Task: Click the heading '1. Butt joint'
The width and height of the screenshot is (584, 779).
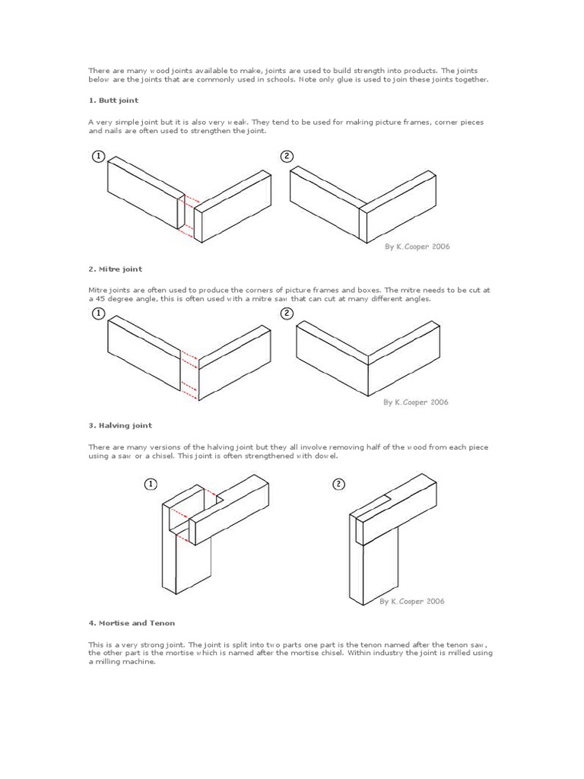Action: tap(113, 100)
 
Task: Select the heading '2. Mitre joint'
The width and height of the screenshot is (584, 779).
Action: tap(115, 269)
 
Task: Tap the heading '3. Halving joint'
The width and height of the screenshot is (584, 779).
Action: tap(120, 426)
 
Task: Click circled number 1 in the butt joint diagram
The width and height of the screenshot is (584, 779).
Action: tap(98, 157)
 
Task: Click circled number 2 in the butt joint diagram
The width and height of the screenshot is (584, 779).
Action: tap(287, 157)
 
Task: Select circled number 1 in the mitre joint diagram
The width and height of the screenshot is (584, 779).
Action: tap(98, 314)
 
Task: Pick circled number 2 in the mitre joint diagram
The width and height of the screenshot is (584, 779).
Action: tap(287, 314)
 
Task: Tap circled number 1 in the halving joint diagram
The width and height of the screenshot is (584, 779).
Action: tap(151, 485)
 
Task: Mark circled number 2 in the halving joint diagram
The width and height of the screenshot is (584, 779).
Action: tap(338, 485)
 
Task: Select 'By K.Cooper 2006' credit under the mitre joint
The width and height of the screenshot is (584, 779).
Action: tap(415, 402)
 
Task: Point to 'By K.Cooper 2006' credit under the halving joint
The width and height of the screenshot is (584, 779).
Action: tap(412, 601)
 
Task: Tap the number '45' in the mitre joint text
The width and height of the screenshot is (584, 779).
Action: tap(102, 299)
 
